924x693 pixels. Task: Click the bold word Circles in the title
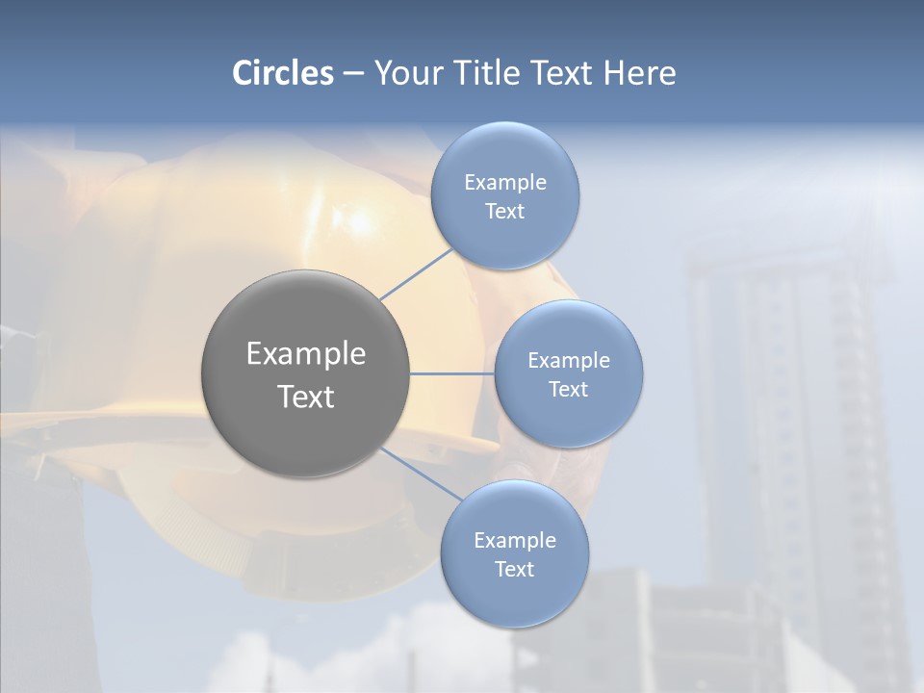[283, 73]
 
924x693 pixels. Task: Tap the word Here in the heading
[639, 73]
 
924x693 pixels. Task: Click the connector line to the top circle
[416, 274]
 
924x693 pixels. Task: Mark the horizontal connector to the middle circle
[452, 373]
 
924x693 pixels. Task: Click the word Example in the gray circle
[306, 354]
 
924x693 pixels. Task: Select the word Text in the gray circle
[306, 397]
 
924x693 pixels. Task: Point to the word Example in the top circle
[505, 183]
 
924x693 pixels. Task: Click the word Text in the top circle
[504, 212]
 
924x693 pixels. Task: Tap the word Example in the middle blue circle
[569, 361]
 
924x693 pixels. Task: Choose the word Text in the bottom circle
[514, 569]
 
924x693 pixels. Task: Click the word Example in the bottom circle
[515, 540]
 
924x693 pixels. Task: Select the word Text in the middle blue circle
[568, 389]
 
